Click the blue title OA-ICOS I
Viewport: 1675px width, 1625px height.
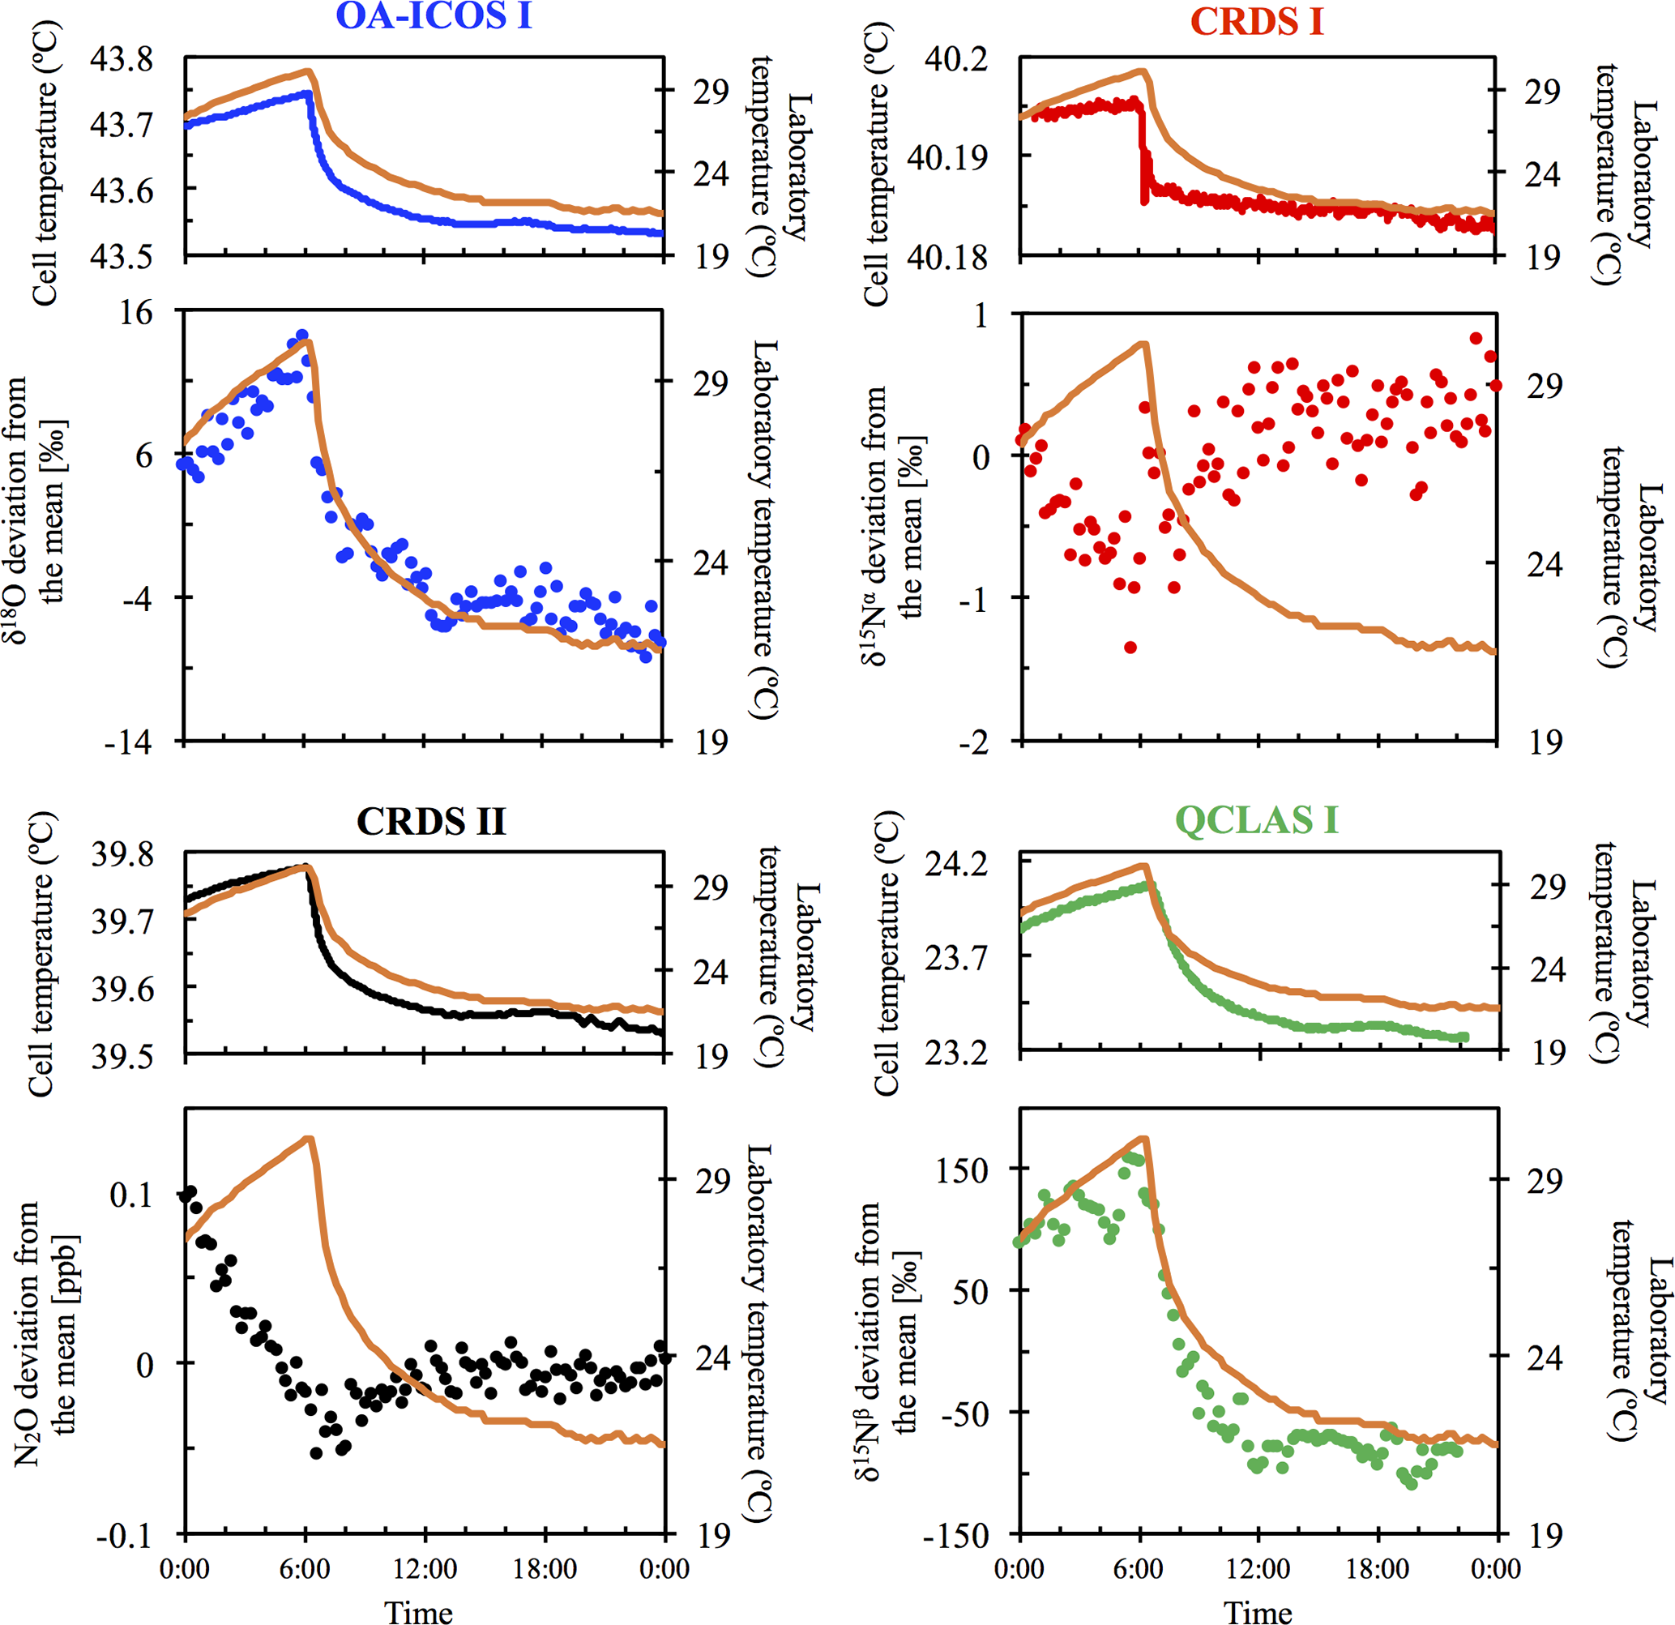tap(434, 17)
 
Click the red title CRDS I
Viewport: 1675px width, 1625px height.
tap(1256, 21)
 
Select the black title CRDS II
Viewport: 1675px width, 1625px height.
tap(431, 821)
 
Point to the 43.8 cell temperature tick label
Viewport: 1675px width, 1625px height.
tap(122, 59)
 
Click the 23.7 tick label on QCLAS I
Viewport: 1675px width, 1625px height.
tap(955, 958)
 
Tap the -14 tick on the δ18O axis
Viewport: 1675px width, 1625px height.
tap(128, 741)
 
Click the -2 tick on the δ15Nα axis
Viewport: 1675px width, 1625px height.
tap(972, 741)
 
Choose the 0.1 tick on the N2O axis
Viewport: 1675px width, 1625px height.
tap(131, 1194)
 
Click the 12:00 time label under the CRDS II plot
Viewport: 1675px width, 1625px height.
tap(425, 1568)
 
